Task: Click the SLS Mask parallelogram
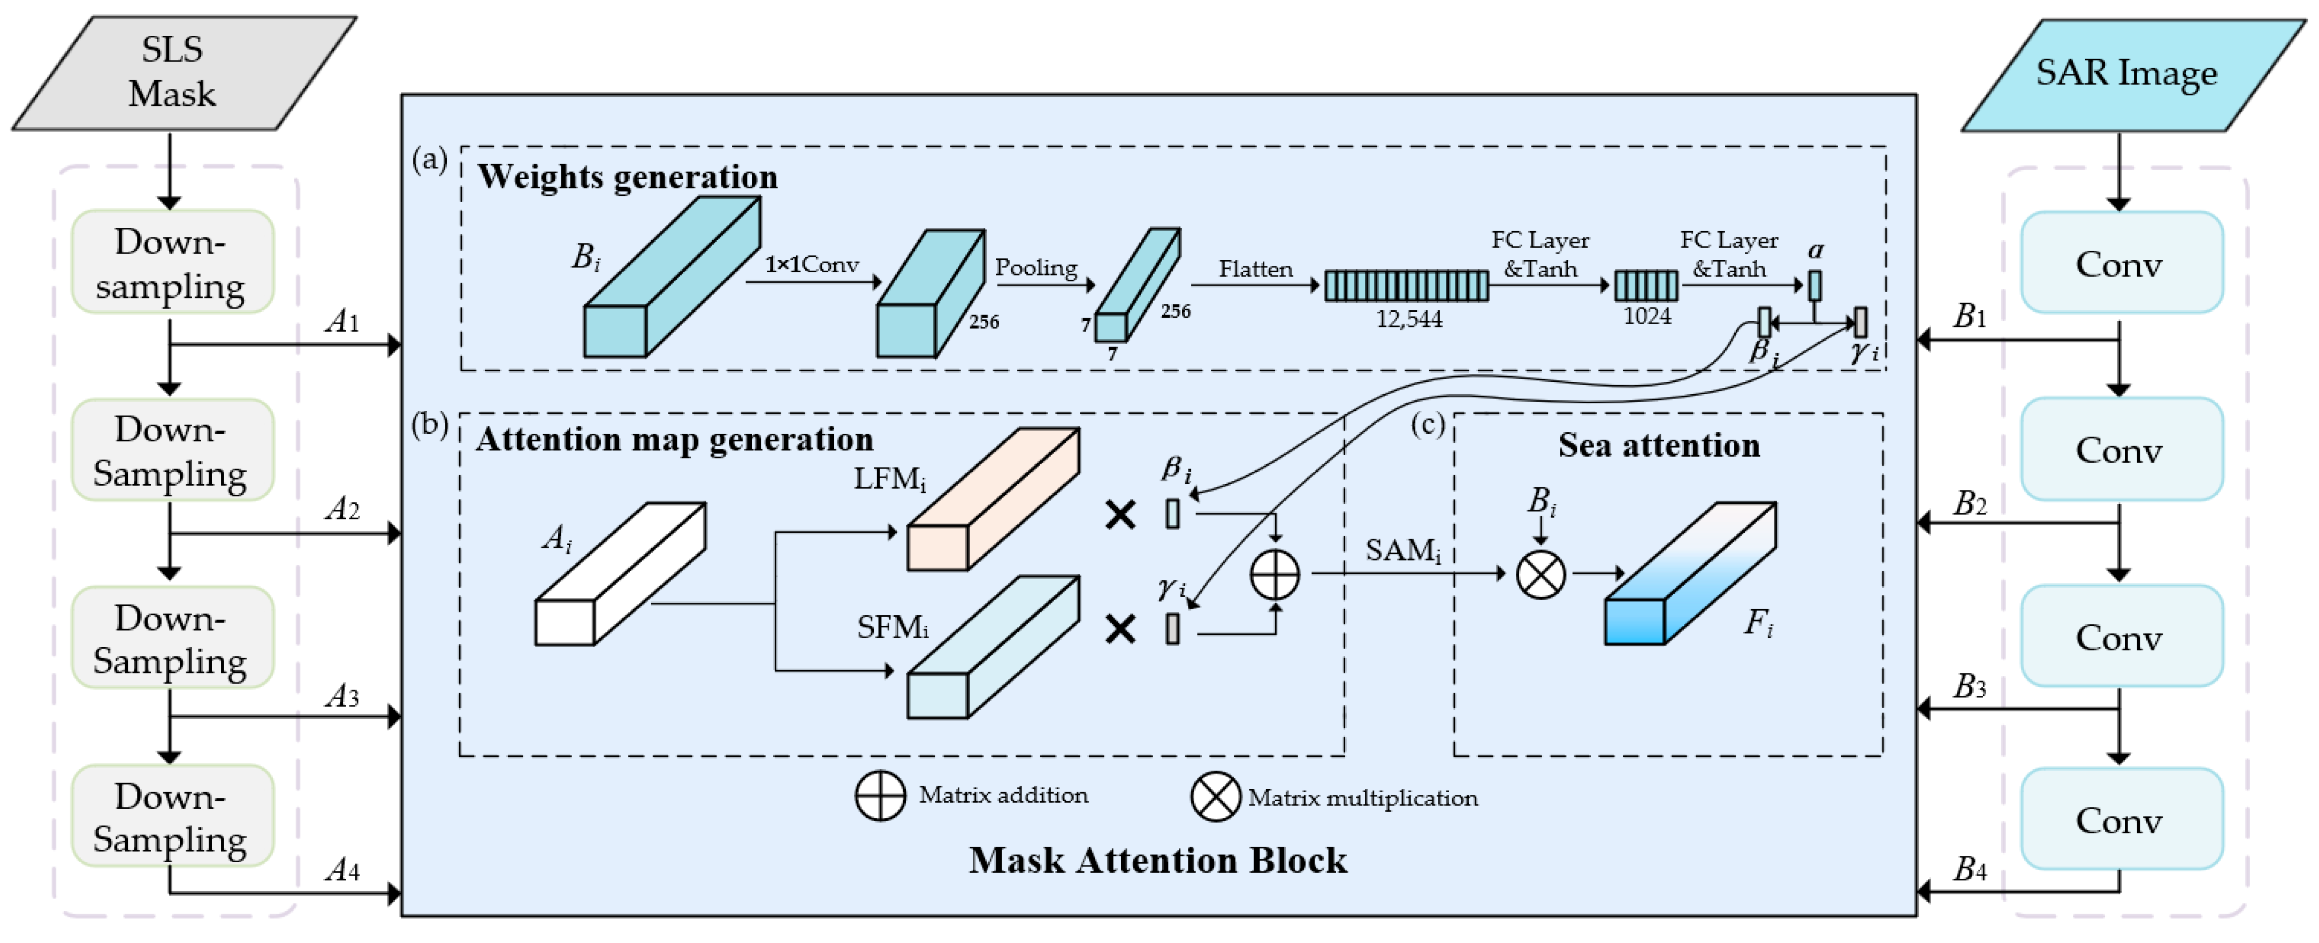[180, 72]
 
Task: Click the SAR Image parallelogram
[2126, 74]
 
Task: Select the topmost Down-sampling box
[172, 262]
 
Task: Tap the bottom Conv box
[2120, 819]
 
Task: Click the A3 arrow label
[342, 695]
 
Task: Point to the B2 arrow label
[1970, 504]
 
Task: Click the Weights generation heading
[628, 177]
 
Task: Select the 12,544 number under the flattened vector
[1409, 319]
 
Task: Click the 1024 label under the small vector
[1646, 316]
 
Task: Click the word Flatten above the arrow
[1255, 269]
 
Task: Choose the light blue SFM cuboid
[990, 648]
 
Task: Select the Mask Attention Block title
[1158, 860]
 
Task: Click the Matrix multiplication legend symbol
[1215, 797]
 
